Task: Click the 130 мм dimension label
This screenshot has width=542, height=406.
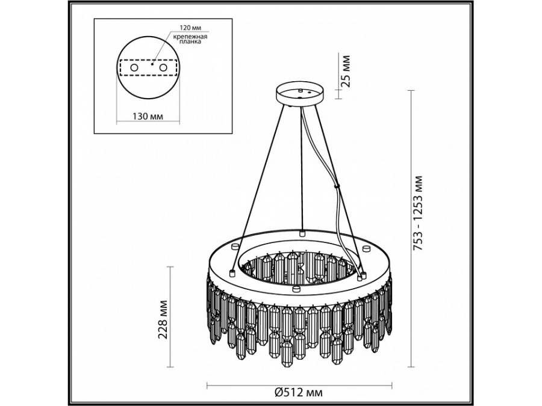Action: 148,116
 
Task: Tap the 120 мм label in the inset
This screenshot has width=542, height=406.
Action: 190,27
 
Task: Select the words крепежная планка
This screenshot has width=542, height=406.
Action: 190,39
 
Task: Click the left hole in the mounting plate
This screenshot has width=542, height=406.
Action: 134,67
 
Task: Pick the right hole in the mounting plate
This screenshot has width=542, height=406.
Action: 163,67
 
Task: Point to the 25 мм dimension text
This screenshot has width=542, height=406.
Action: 345,71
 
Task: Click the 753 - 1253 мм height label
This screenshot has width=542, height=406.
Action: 419,213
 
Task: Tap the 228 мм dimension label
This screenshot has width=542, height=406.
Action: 163,320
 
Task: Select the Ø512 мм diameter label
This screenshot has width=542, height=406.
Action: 299,392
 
